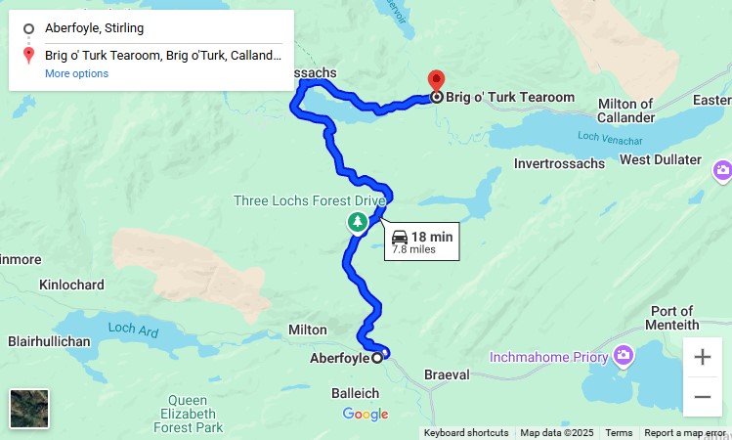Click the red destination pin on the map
click(x=436, y=80)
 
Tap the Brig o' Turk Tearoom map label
click(x=510, y=98)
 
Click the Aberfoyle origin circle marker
click(x=377, y=358)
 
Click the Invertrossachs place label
click(x=560, y=163)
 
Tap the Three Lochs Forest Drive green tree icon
click(x=359, y=223)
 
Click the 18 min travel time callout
click(x=422, y=242)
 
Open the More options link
click(x=76, y=73)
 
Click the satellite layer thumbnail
click(x=29, y=409)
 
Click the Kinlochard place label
click(x=71, y=285)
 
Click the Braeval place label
click(x=447, y=374)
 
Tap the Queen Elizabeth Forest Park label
click(x=187, y=414)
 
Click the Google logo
click(x=366, y=415)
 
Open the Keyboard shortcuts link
click(x=466, y=432)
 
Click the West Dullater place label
click(x=661, y=159)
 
